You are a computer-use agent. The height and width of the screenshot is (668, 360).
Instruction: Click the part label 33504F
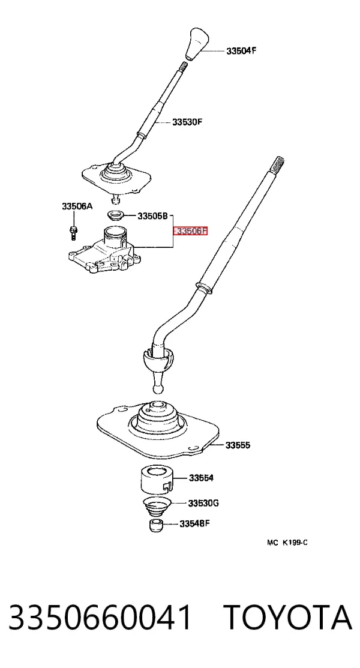coord(241,50)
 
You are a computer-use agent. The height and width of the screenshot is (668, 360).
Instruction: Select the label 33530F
coord(187,122)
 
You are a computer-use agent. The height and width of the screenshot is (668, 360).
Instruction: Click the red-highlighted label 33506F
coord(191,231)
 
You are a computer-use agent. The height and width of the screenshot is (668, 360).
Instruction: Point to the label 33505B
coord(152,216)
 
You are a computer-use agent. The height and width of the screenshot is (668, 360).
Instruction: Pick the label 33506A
coord(77,206)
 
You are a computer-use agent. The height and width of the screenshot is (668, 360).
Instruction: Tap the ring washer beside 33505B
coord(115,215)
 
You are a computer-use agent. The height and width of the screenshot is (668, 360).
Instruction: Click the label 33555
coord(238,445)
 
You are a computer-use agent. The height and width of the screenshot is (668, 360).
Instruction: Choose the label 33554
coord(202,478)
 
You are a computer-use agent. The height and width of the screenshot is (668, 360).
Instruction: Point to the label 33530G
coord(203,503)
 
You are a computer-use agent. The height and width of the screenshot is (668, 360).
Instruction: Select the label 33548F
coord(194,523)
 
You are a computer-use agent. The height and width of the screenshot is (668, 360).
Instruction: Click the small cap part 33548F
coord(157,525)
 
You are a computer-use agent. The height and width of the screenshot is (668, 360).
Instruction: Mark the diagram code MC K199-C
coord(287,543)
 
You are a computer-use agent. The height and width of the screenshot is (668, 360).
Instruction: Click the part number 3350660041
coord(100,618)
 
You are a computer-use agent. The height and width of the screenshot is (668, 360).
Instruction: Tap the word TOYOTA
coord(289,618)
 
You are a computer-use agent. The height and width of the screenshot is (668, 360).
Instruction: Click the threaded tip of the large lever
coord(277,163)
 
